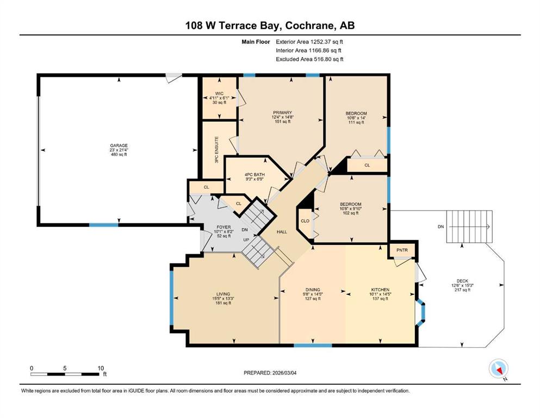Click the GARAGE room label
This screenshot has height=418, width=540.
(x=119, y=146)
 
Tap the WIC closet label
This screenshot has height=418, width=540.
(x=219, y=94)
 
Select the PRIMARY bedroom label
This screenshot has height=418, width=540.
(x=282, y=113)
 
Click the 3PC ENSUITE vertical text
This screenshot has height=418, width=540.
(x=216, y=150)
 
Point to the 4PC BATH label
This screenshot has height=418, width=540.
(x=255, y=175)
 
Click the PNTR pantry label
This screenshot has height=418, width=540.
(x=402, y=250)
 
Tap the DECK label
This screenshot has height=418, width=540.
(x=462, y=281)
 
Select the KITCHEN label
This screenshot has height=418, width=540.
(x=380, y=290)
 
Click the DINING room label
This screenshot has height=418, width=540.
(x=313, y=290)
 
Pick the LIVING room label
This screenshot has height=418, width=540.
(x=223, y=294)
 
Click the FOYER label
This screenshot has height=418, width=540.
(x=224, y=227)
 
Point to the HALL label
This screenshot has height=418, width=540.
(x=282, y=232)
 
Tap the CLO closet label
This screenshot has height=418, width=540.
(x=305, y=221)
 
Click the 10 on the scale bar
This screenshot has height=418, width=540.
(x=101, y=368)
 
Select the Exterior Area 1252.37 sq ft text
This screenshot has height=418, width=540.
(x=309, y=42)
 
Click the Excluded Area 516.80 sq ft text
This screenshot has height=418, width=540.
(x=309, y=59)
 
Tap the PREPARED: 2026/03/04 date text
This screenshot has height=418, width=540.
(x=270, y=373)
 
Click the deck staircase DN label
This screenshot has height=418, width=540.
(x=440, y=227)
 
